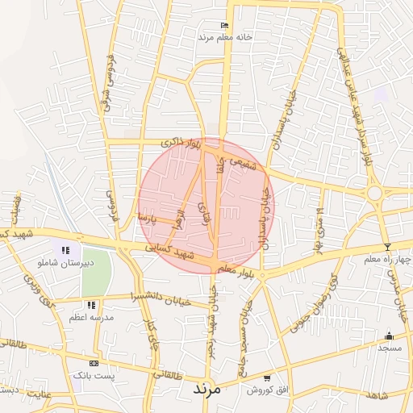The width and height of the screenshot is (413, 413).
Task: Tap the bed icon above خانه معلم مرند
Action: [223, 27]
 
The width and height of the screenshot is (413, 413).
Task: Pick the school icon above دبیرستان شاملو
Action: [65, 250]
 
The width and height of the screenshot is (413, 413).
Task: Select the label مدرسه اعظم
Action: [91, 318]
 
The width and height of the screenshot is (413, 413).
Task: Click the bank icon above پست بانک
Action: [94, 364]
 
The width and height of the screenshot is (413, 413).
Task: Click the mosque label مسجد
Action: [390, 348]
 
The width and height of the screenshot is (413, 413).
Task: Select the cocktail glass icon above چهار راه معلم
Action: [387, 247]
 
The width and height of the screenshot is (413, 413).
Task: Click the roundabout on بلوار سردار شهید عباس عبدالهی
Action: [374, 193]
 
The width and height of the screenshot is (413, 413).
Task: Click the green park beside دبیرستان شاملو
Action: [96, 271]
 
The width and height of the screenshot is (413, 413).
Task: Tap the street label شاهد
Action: [377, 395]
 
